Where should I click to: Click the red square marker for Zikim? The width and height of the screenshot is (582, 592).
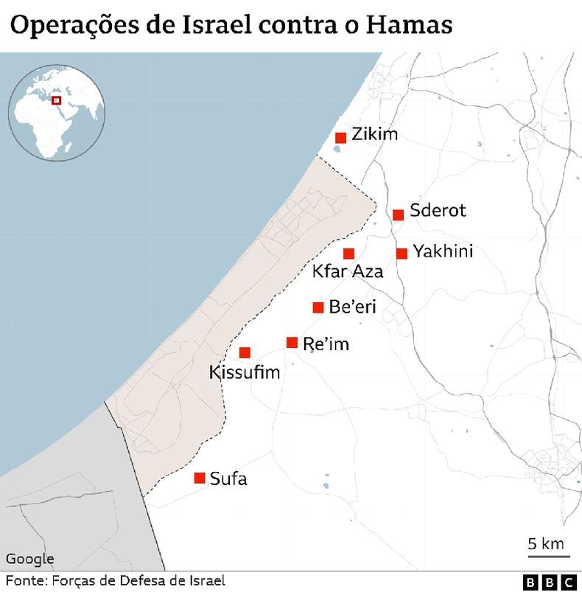[340, 138]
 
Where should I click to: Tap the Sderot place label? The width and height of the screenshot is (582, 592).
[438, 211]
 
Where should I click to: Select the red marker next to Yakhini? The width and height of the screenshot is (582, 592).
[402, 254]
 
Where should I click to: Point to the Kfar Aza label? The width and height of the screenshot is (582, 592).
[348, 271]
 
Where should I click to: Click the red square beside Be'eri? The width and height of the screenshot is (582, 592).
[318, 307]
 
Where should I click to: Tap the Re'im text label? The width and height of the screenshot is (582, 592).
[326, 344]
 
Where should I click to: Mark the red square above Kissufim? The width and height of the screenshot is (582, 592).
[245, 353]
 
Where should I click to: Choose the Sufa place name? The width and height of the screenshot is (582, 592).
[228, 479]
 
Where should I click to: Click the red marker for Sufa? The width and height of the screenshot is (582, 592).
[199, 478]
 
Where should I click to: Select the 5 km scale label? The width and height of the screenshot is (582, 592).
[546, 545]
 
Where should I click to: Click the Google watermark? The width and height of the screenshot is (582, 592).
[30, 559]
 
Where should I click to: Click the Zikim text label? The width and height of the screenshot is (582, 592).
[374, 134]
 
